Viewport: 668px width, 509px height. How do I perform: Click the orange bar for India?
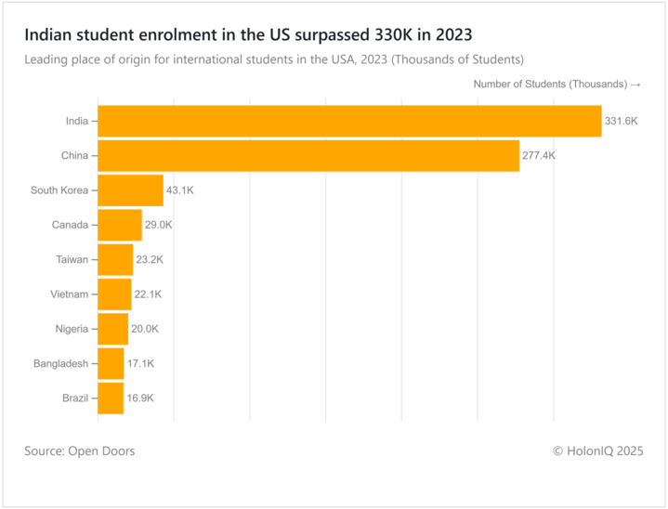(x=349, y=121)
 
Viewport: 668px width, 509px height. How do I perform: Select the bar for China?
(x=308, y=155)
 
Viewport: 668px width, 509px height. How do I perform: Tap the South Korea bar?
(x=130, y=189)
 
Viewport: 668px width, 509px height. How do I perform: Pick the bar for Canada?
(x=119, y=225)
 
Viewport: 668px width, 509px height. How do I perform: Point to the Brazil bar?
(x=110, y=398)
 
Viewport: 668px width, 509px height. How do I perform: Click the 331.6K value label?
(x=622, y=121)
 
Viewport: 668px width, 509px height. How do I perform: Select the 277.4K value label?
(x=539, y=155)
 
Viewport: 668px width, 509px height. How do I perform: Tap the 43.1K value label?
(x=179, y=189)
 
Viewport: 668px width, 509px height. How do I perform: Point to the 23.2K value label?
(x=150, y=259)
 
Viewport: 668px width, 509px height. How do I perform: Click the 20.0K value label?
(x=144, y=329)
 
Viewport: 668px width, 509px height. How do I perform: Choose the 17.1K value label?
(x=140, y=363)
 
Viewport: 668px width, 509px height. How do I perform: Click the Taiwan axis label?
(x=72, y=259)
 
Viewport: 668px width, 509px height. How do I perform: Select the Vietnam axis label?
(x=69, y=294)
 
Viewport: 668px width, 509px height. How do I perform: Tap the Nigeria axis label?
(x=72, y=329)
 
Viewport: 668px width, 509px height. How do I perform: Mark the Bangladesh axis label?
(x=60, y=363)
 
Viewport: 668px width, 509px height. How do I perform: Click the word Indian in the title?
(x=49, y=35)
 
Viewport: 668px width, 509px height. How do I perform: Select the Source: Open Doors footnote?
(x=80, y=450)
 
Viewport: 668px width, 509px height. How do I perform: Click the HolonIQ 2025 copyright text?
(x=597, y=450)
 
